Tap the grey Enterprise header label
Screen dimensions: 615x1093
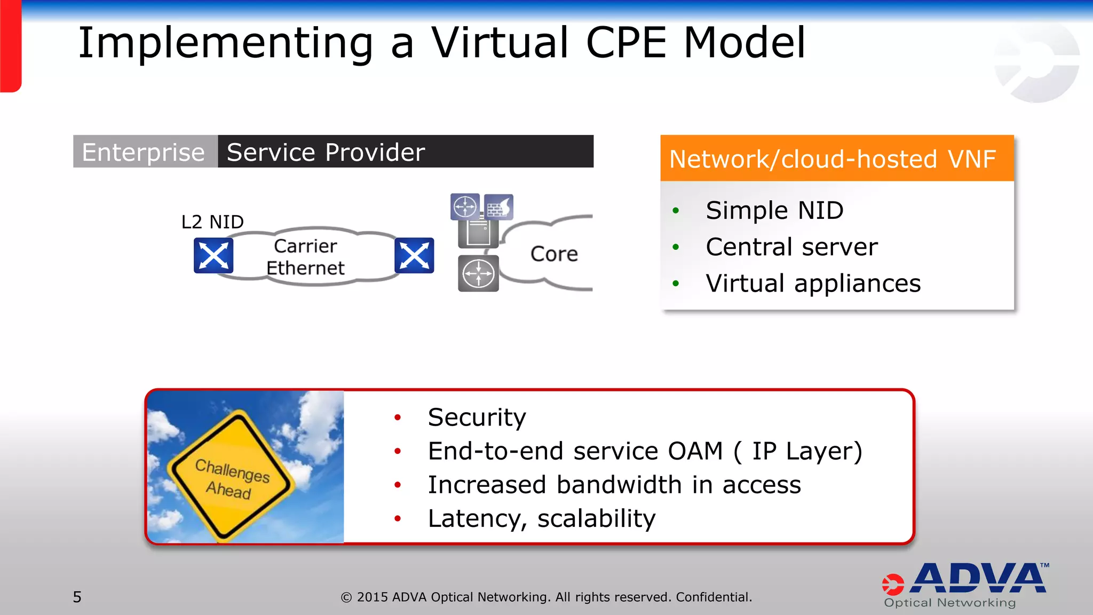pyautogui.click(x=144, y=152)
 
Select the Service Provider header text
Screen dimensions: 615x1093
pyautogui.click(x=326, y=152)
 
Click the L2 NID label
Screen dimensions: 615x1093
pyautogui.click(x=212, y=222)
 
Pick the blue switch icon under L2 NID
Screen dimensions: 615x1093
pyautogui.click(x=213, y=256)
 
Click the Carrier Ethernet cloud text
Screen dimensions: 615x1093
pyautogui.click(x=305, y=257)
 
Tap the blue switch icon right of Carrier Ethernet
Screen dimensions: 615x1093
pyautogui.click(x=414, y=256)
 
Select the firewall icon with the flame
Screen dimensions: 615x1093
pyautogui.click(x=499, y=207)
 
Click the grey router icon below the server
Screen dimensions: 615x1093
pyautogui.click(x=478, y=273)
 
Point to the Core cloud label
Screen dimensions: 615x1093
pyautogui.click(x=554, y=254)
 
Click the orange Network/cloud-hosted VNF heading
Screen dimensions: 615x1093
pyautogui.click(x=833, y=159)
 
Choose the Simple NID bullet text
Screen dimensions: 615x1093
pyautogui.click(x=774, y=210)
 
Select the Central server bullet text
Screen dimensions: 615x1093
pyautogui.click(x=791, y=247)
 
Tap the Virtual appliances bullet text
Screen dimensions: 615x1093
pyautogui.click(x=813, y=283)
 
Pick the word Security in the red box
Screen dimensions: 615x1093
pyautogui.click(x=477, y=417)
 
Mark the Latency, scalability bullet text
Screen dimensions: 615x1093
pyautogui.click(x=541, y=518)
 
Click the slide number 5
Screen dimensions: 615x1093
pyautogui.click(x=77, y=597)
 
